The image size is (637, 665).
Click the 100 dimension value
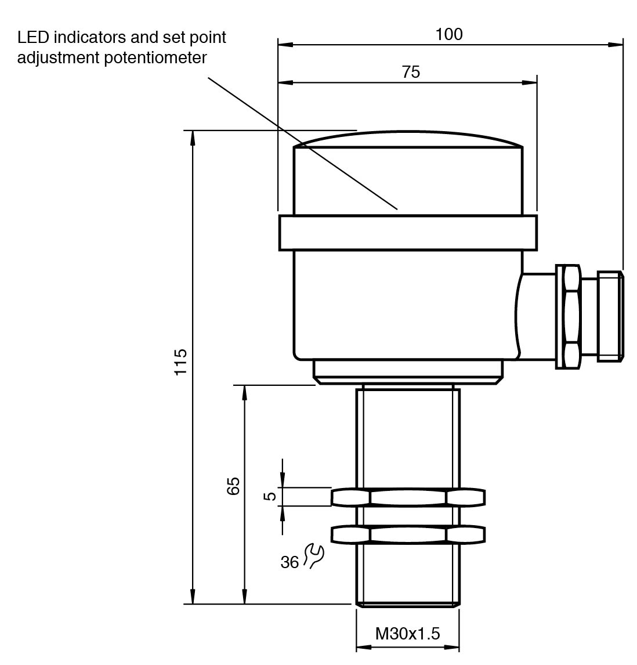tap(449, 34)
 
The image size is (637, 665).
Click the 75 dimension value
tap(410, 72)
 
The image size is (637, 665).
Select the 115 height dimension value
tap(181, 362)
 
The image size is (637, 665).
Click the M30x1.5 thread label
tap(407, 633)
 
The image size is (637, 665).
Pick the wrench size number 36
tap(289, 562)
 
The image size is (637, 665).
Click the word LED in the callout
tap(32, 38)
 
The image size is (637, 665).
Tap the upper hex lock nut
tap(408, 497)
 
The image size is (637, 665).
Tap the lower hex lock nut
tap(408, 534)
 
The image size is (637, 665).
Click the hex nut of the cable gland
tap(568, 316)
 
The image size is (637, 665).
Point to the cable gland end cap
tap(611, 316)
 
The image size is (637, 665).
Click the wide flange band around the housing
tap(408, 233)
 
